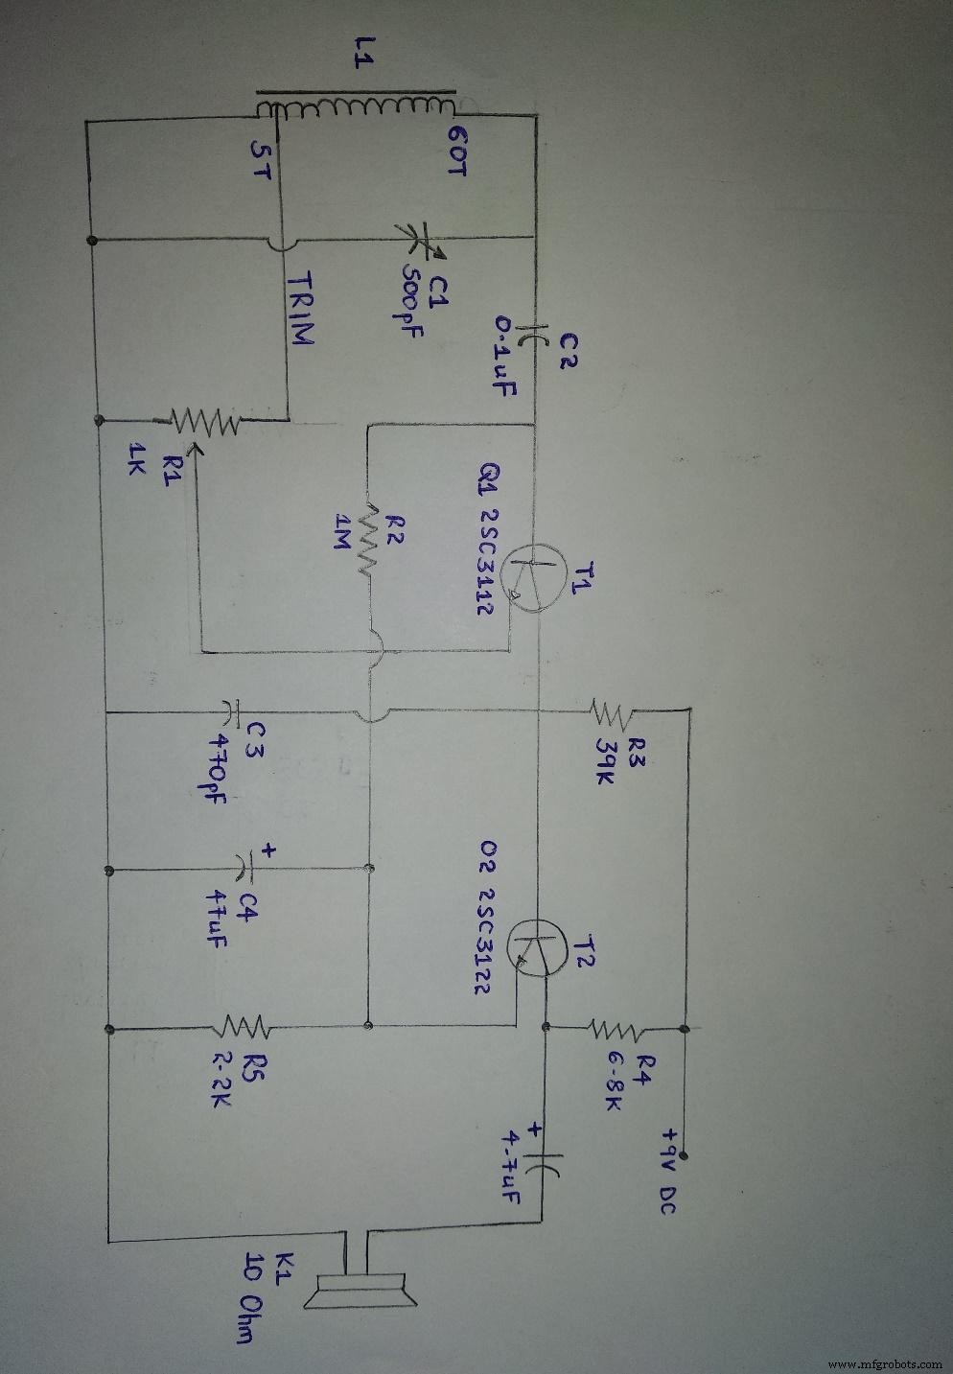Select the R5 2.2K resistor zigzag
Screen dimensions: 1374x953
click(x=246, y=1028)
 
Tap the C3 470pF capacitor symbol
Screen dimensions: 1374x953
click(x=230, y=713)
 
